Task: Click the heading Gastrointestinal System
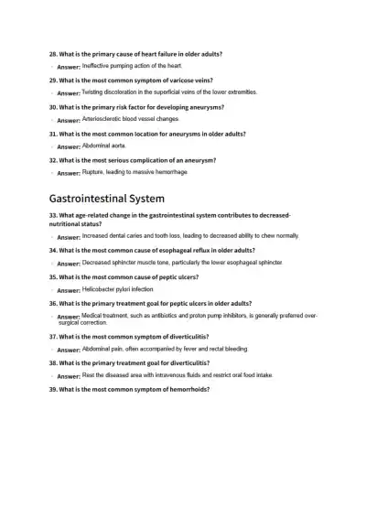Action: coord(107,198)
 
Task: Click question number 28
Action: coord(54,54)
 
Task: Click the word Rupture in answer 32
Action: coord(95,172)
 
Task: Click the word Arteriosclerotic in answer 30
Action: coord(107,119)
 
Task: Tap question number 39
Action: coord(54,389)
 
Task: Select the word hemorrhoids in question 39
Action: coord(189,389)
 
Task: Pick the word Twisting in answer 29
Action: coord(96,92)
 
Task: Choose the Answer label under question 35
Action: coord(69,290)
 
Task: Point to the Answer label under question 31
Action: coord(69,146)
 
